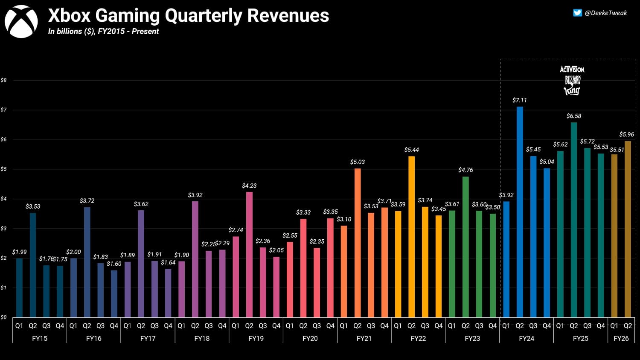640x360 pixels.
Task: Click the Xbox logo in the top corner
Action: (21, 22)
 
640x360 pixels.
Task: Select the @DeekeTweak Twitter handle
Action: (605, 13)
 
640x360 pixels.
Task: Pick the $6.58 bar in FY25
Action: (574, 220)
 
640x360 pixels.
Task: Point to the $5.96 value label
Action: (626, 134)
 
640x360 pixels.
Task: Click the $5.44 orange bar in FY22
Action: (411, 236)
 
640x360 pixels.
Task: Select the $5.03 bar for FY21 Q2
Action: (358, 243)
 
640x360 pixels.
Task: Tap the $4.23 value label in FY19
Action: (249, 186)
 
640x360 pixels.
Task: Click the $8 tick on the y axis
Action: (4, 80)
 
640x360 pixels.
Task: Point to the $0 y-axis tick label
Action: (4, 317)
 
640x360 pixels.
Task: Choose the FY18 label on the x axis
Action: (202, 338)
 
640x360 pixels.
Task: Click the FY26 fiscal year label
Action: (621, 338)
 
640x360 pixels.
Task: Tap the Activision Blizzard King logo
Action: (572, 80)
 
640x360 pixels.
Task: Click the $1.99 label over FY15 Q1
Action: (19, 252)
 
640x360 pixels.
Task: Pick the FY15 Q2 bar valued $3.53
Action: (33, 265)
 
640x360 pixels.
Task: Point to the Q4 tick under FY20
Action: (330, 325)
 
